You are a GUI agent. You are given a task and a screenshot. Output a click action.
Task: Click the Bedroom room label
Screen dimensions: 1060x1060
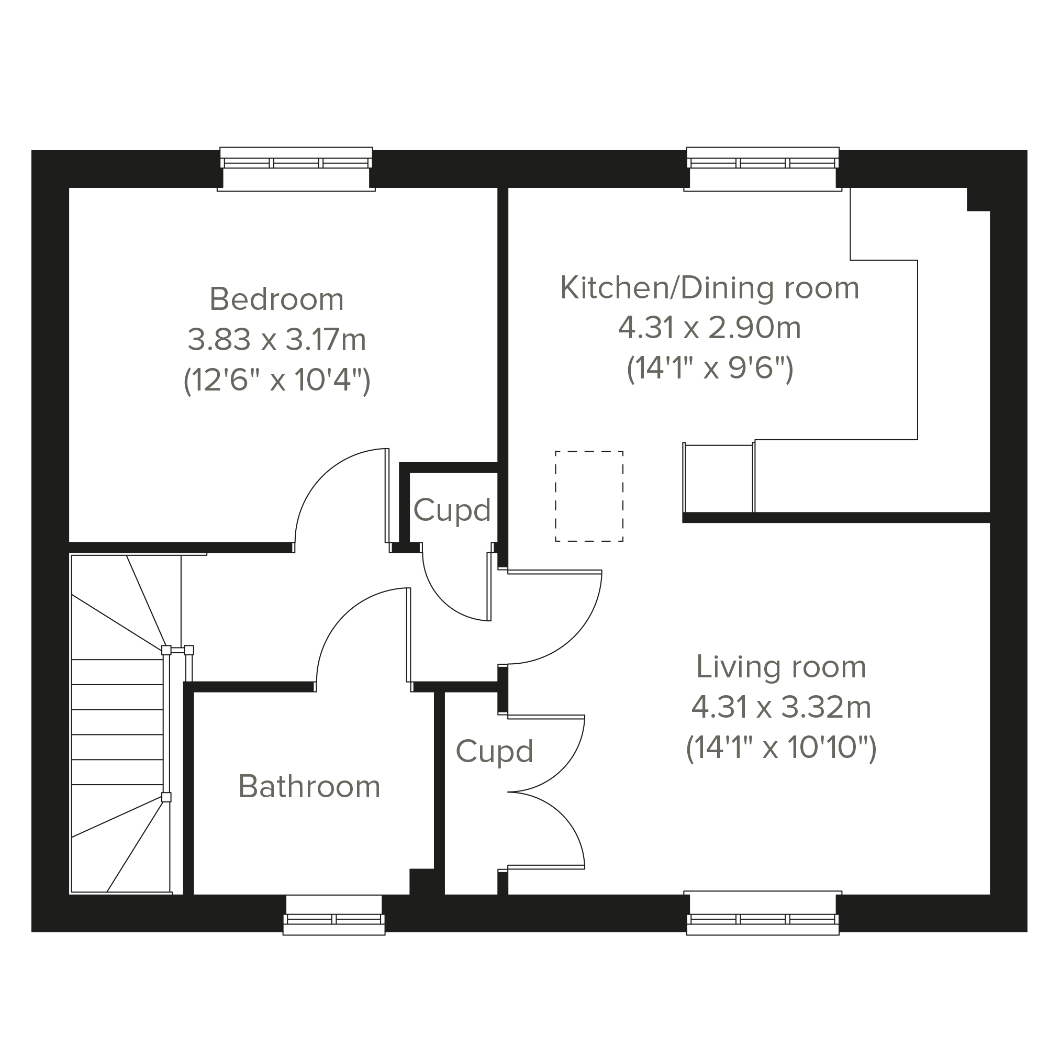pyautogui.click(x=276, y=299)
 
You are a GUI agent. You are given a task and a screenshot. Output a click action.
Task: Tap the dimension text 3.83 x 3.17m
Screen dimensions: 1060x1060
pyautogui.click(x=276, y=340)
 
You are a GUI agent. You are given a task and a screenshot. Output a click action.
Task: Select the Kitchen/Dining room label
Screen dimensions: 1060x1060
pyautogui.click(x=709, y=288)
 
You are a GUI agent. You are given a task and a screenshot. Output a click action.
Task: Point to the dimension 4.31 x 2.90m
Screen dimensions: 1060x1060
pyautogui.click(x=709, y=328)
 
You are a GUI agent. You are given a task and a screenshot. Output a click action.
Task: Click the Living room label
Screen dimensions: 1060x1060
pyautogui.click(x=780, y=667)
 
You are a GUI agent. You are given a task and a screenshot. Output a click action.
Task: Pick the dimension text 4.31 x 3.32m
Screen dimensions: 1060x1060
pyautogui.click(x=780, y=707)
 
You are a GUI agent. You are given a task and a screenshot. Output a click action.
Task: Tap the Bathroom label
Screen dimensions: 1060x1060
pyautogui.click(x=309, y=787)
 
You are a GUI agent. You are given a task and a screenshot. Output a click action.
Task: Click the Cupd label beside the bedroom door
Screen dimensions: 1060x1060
pyautogui.click(x=452, y=510)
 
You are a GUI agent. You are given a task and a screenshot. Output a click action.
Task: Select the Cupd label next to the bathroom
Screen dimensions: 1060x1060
pyautogui.click(x=494, y=752)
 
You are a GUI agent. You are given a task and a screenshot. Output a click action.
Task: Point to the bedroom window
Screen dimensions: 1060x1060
pyautogui.click(x=296, y=169)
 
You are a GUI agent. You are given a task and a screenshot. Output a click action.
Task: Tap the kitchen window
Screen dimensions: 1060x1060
pyautogui.click(x=763, y=169)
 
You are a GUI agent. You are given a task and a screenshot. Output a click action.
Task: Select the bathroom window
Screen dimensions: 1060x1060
pyautogui.click(x=333, y=914)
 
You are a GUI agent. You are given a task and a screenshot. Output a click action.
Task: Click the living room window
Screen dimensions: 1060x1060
pyautogui.click(x=763, y=914)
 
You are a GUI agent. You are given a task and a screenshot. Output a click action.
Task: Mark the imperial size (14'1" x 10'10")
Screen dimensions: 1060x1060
pyautogui.click(x=780, y=748)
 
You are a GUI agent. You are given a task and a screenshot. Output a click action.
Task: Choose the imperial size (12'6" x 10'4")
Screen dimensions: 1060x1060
pyautogui.click(x=276, y=380)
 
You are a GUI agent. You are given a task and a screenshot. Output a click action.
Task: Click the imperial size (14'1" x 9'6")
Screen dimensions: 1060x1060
pyautogui.click(x=709, y=369)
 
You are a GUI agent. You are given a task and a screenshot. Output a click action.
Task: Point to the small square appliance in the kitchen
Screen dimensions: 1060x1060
pyautogui.click(x=719, y=478)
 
